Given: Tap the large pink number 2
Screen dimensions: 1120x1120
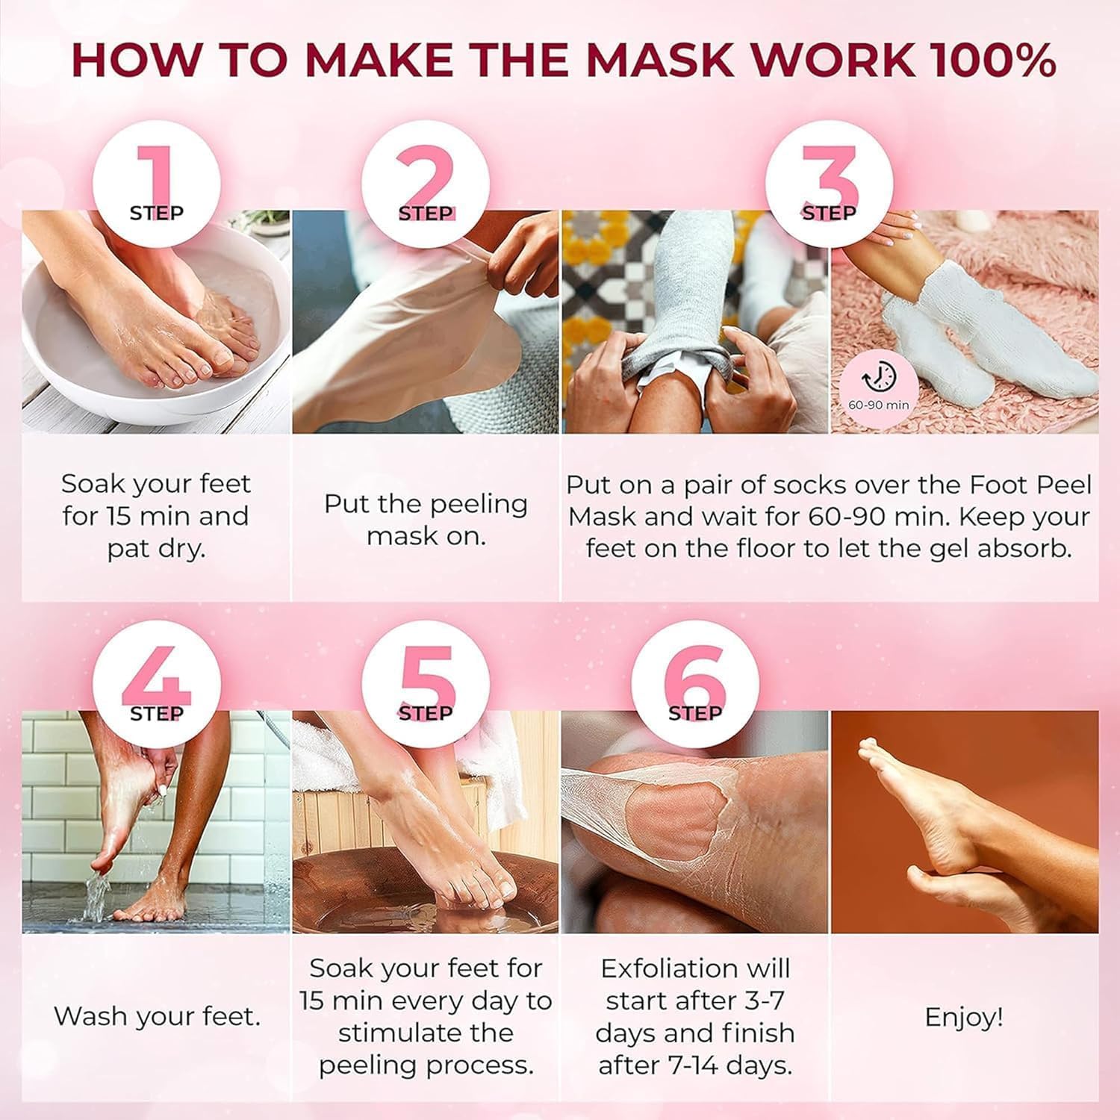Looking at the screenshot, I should click(x=425, y=175).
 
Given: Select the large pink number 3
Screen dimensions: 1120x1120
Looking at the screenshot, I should click(x=829, y=175).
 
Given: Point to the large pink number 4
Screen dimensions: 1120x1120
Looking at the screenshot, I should click(x=157, y=676).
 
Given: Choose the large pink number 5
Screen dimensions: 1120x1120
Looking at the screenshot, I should click(x=426, y=676).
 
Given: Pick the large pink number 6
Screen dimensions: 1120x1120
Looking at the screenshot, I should click(x=694, y=676).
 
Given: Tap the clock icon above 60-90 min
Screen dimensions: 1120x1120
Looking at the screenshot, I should click(x=879, y=377).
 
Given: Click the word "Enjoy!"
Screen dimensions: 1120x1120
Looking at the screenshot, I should click(x=963, y=1017).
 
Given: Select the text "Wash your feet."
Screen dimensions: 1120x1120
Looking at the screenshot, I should click(x=157, y=1016).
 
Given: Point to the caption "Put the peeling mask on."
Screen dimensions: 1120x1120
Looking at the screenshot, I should click(x=426, y=520).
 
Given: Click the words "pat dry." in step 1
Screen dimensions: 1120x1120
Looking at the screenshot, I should click(x=156, y=549).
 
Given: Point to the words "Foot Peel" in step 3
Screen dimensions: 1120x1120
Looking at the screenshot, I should click(x=1030, y=485).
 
